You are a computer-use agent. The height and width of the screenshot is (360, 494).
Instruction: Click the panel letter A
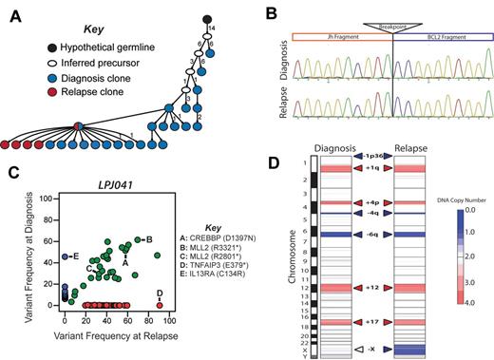tap(14, 12)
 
